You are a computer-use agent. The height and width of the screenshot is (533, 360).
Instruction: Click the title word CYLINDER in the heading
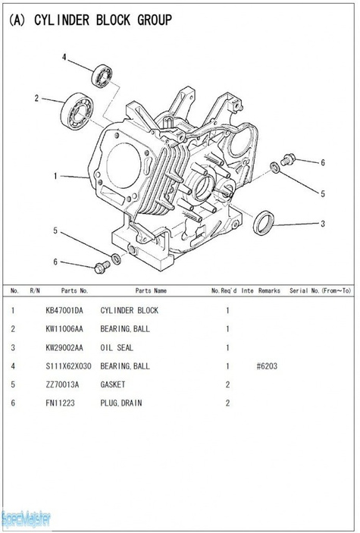tap(61, 20)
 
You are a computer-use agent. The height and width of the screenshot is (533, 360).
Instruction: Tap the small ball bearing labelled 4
tap(102, 76)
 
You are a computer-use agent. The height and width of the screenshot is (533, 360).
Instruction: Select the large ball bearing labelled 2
tap(77, 111)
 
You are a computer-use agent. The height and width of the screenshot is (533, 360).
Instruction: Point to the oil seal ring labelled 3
tap(264, 223)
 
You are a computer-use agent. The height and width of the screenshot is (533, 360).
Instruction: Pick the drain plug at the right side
tap(288, 159)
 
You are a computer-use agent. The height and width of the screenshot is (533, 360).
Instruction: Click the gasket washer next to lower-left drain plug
tap(116, 259)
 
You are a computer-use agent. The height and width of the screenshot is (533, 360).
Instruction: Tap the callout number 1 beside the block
tap(55, 176)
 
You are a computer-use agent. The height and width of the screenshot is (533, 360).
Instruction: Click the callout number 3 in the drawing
tap(323, 224)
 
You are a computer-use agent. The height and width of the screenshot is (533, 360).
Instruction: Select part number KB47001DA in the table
tap(64, 310)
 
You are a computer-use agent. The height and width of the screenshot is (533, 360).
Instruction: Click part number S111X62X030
tap(68, 366)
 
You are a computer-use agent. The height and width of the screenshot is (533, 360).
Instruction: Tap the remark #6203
tap(267, 366)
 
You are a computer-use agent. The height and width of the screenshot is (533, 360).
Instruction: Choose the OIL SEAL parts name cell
tap(117, 347)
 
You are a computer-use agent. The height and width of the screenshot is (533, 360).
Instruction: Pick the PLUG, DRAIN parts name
tap(121, 403)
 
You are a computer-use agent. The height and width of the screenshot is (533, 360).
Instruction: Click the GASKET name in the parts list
tap(112, 384)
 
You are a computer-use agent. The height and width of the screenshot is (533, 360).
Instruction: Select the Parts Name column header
tap(151, 290)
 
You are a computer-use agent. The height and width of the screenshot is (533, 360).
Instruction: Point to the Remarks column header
tap(269, 290)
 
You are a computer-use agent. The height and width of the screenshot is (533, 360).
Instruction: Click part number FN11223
tap(60, 403)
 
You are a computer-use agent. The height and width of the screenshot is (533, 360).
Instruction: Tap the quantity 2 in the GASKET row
tap(227, 384)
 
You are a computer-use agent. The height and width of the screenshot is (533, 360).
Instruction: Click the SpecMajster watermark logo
tap(26, 519)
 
